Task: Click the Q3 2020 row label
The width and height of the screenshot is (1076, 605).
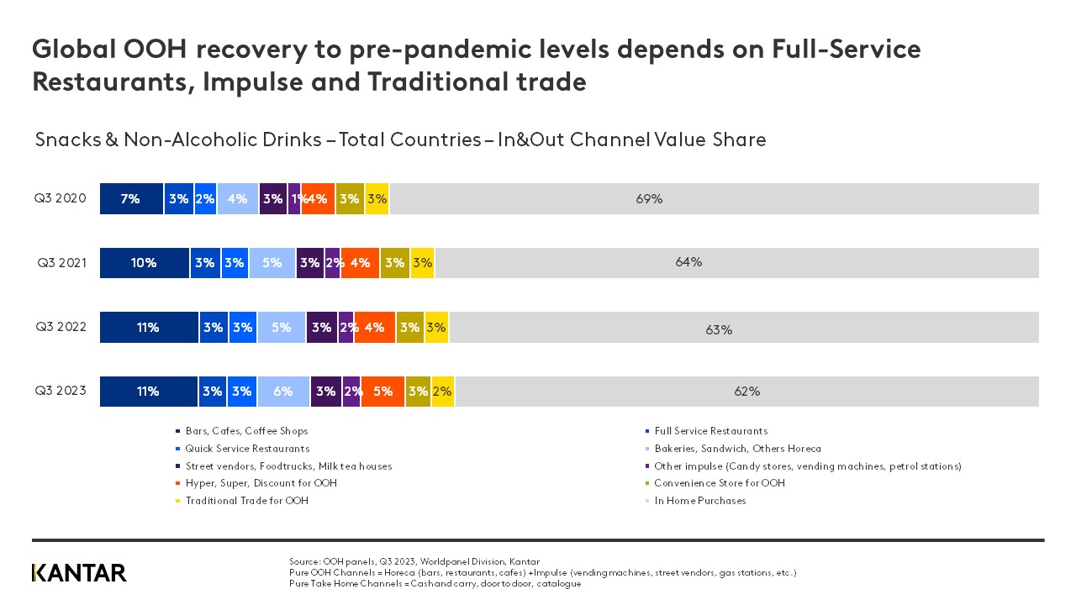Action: point(60,199)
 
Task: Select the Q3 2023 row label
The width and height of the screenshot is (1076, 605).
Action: point(60,391)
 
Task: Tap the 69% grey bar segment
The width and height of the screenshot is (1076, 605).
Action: point(715,199)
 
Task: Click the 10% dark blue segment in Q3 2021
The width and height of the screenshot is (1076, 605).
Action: point(144,263)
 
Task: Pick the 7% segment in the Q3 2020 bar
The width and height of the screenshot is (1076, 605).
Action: point(131,199)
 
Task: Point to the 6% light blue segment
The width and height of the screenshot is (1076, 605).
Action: point(283,392)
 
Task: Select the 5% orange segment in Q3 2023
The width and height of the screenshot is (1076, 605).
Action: point(382,392)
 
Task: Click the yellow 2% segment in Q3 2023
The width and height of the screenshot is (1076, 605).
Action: point(442,392)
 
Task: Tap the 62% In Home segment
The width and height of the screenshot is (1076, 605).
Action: point(746,392)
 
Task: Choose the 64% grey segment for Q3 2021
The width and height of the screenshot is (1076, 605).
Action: point(736,263)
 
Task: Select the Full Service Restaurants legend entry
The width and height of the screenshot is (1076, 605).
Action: point(710,431)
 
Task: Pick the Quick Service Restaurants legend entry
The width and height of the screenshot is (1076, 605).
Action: point(247,449)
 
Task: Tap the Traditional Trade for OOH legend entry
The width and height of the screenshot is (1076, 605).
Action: point(246,501)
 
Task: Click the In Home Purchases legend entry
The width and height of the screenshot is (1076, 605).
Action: point(699,501)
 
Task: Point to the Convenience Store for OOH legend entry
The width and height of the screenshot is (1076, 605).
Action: point(719,483)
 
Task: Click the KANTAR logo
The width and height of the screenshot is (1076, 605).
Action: point(79,573)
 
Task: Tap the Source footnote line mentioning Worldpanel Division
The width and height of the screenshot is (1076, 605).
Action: point(414,561)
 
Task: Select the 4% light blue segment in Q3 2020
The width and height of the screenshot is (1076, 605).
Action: point(237,199)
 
